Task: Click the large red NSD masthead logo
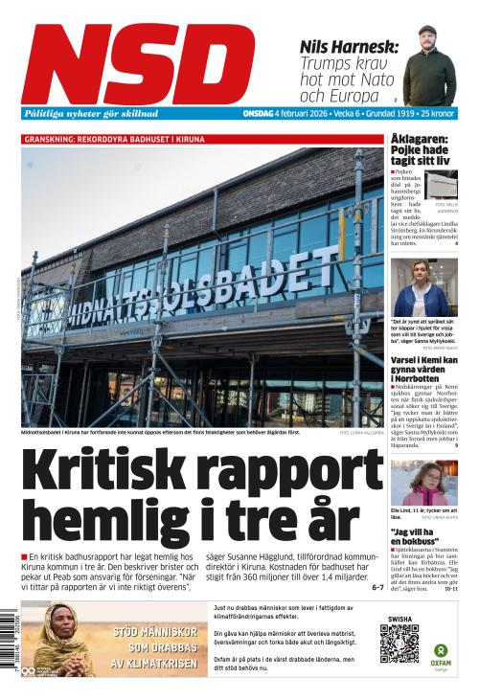pyautogui.click(x=139, y=62)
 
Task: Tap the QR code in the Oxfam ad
pyautogui.click(x=399, y=644)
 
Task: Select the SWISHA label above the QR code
pyautogui.click(x=399, y=620)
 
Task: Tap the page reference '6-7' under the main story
pyautogui.click(x=376, y=586)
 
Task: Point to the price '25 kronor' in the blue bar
pyautogui.click(x=435, y=114)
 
